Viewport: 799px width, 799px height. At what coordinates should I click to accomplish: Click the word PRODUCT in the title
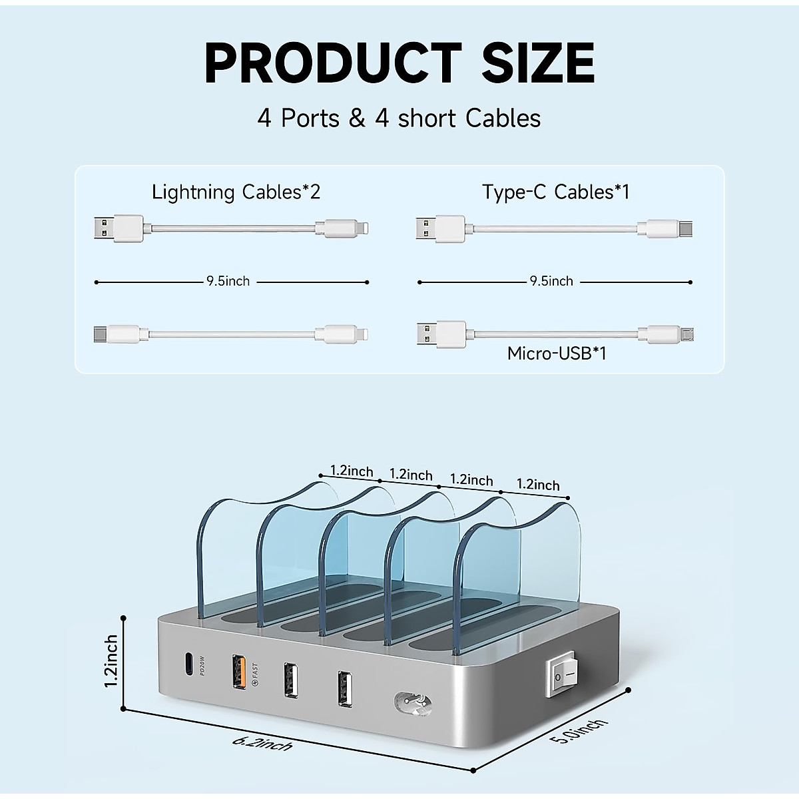click(332, 62)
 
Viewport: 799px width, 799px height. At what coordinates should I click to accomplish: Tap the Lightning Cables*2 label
click(236, 192)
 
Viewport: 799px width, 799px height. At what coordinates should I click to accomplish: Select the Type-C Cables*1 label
click(556, 192)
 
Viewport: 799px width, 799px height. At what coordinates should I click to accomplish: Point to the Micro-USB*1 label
click(557, 352)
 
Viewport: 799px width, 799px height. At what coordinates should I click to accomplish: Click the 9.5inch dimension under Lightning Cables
click(228, 282)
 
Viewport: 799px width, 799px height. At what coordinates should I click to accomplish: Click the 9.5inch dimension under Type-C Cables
click(551, 282)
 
